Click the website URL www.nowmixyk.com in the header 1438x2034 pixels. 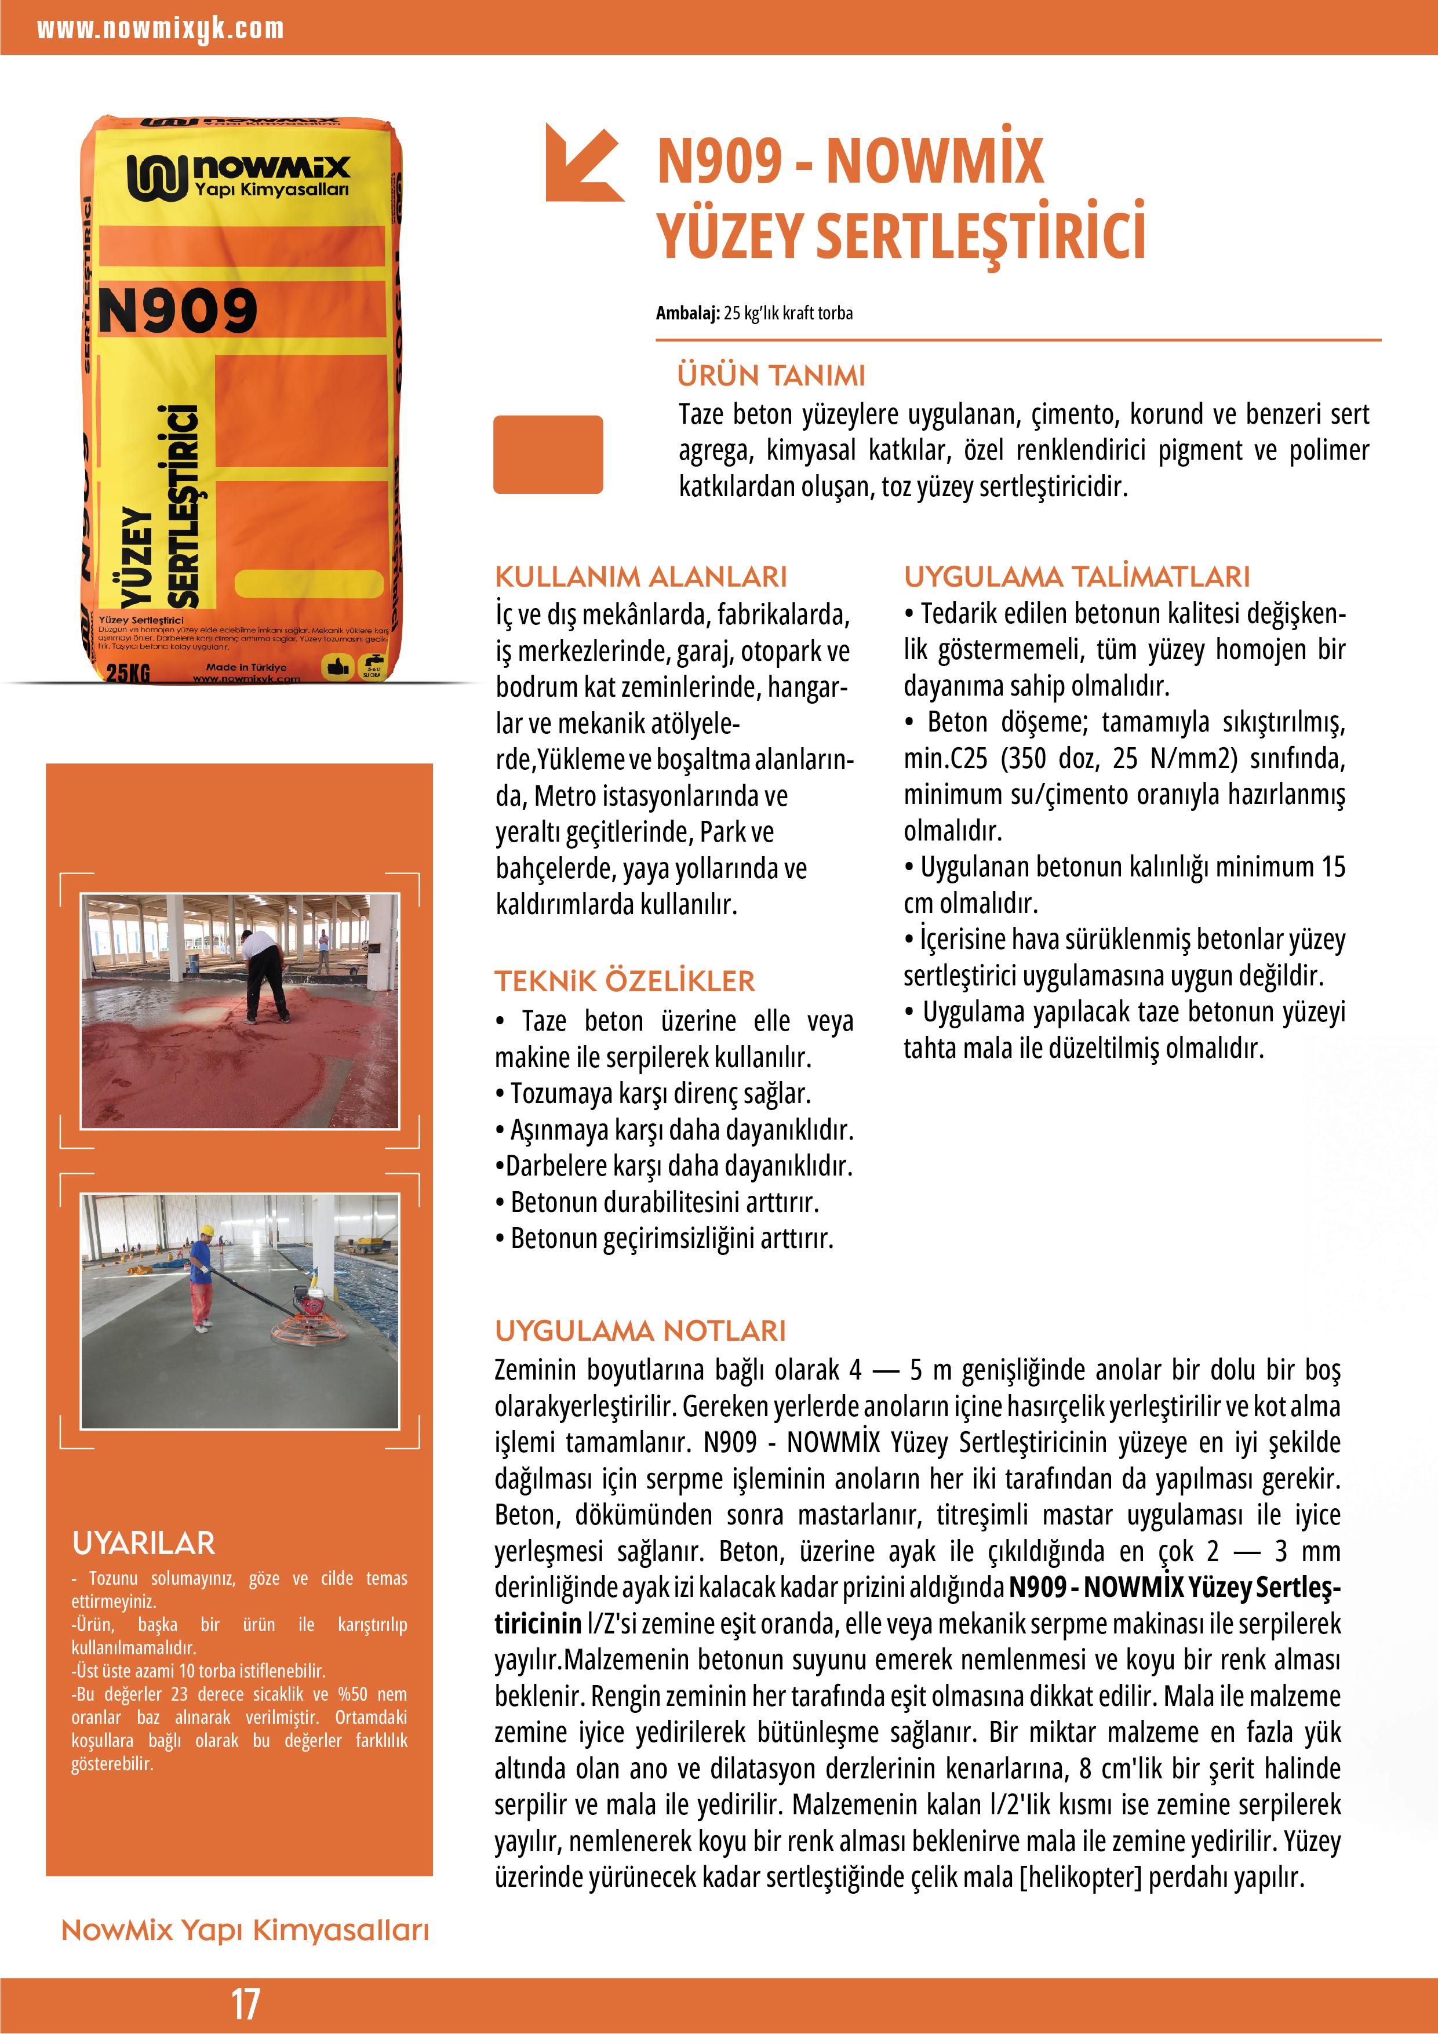pos(161,29)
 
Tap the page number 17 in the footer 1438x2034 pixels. pos(245,2003)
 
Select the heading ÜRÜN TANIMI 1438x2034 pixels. pos(771,376)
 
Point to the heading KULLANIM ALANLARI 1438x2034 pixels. pos(640,577)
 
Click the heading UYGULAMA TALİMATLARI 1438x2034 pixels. pos(1076,577)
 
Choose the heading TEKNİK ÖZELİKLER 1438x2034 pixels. pos(625,981)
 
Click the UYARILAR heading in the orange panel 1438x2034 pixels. pos(144,1542)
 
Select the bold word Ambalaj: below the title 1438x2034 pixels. pos(687,312)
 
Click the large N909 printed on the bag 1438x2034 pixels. pos(177,311)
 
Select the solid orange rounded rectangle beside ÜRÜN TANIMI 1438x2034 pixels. pos(548,454)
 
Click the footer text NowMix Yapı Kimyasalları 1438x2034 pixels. pos(245,1930)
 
